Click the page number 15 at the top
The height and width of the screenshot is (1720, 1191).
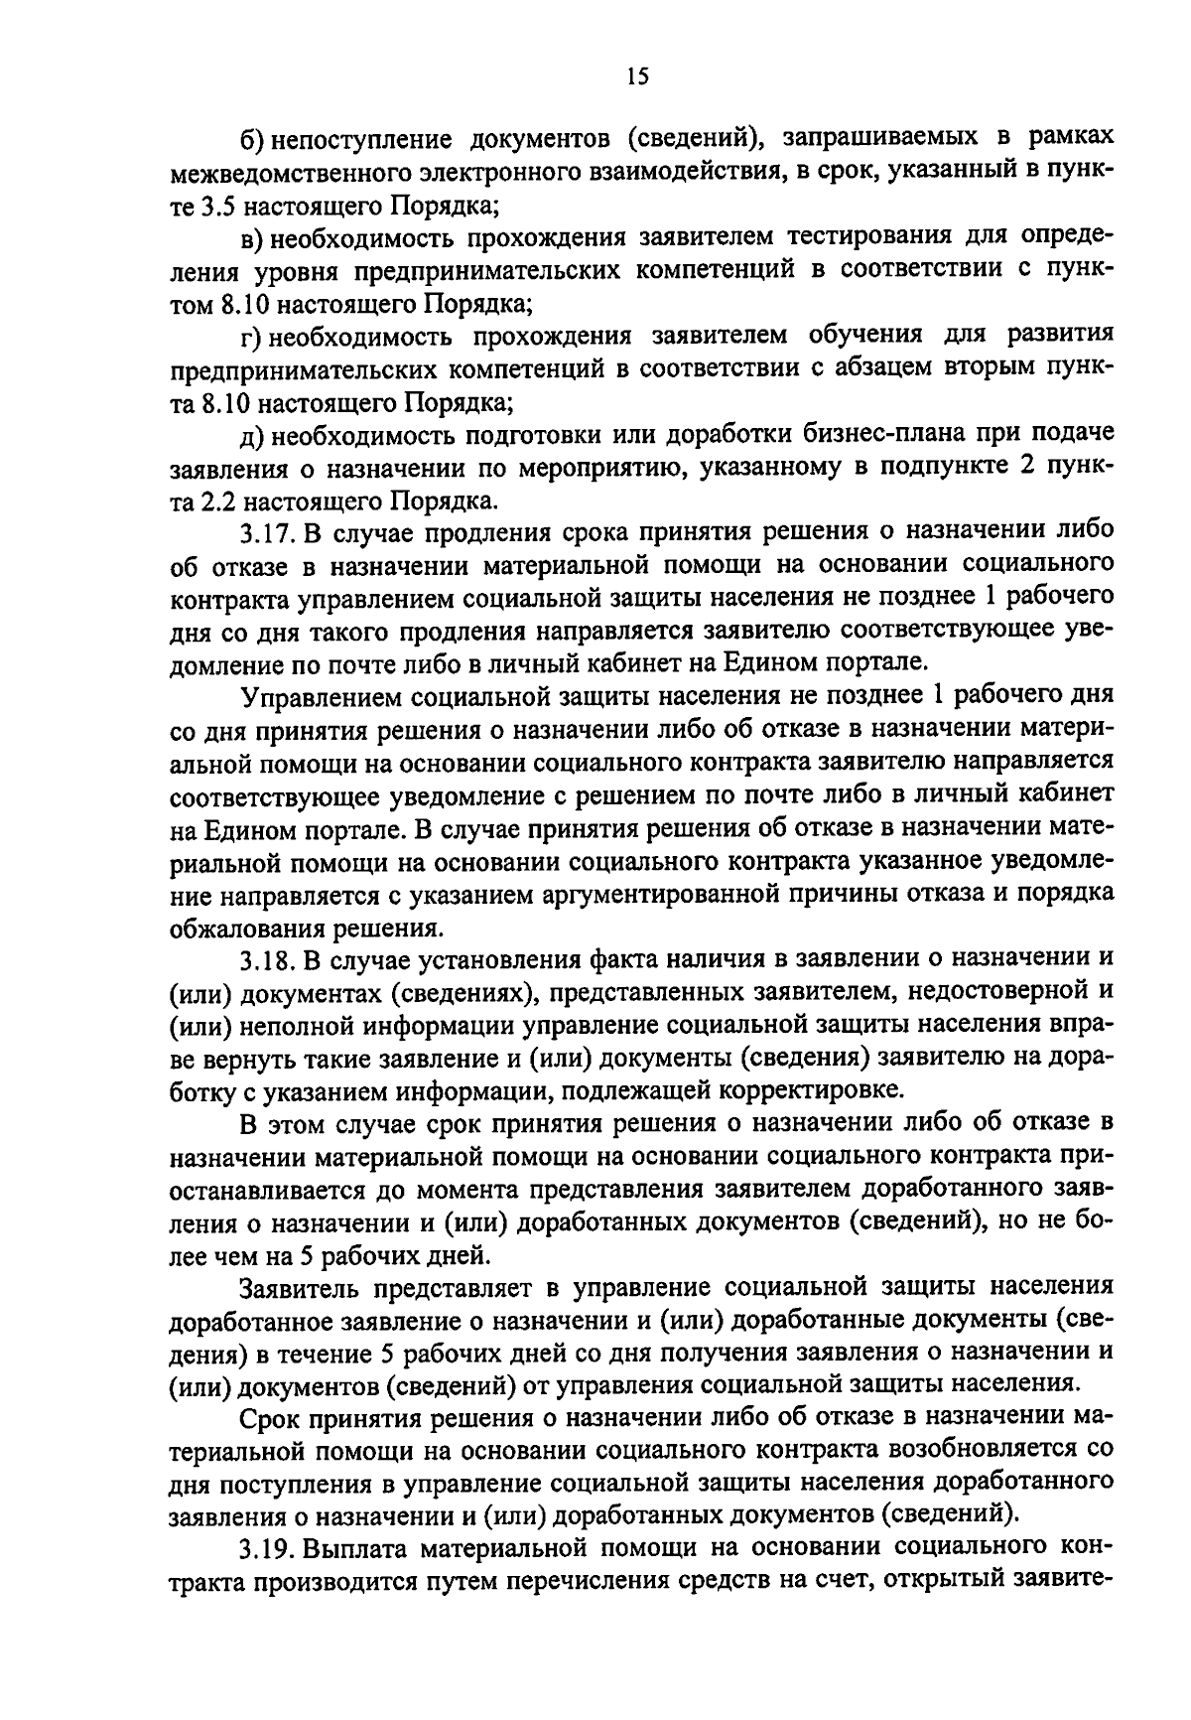637,76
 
